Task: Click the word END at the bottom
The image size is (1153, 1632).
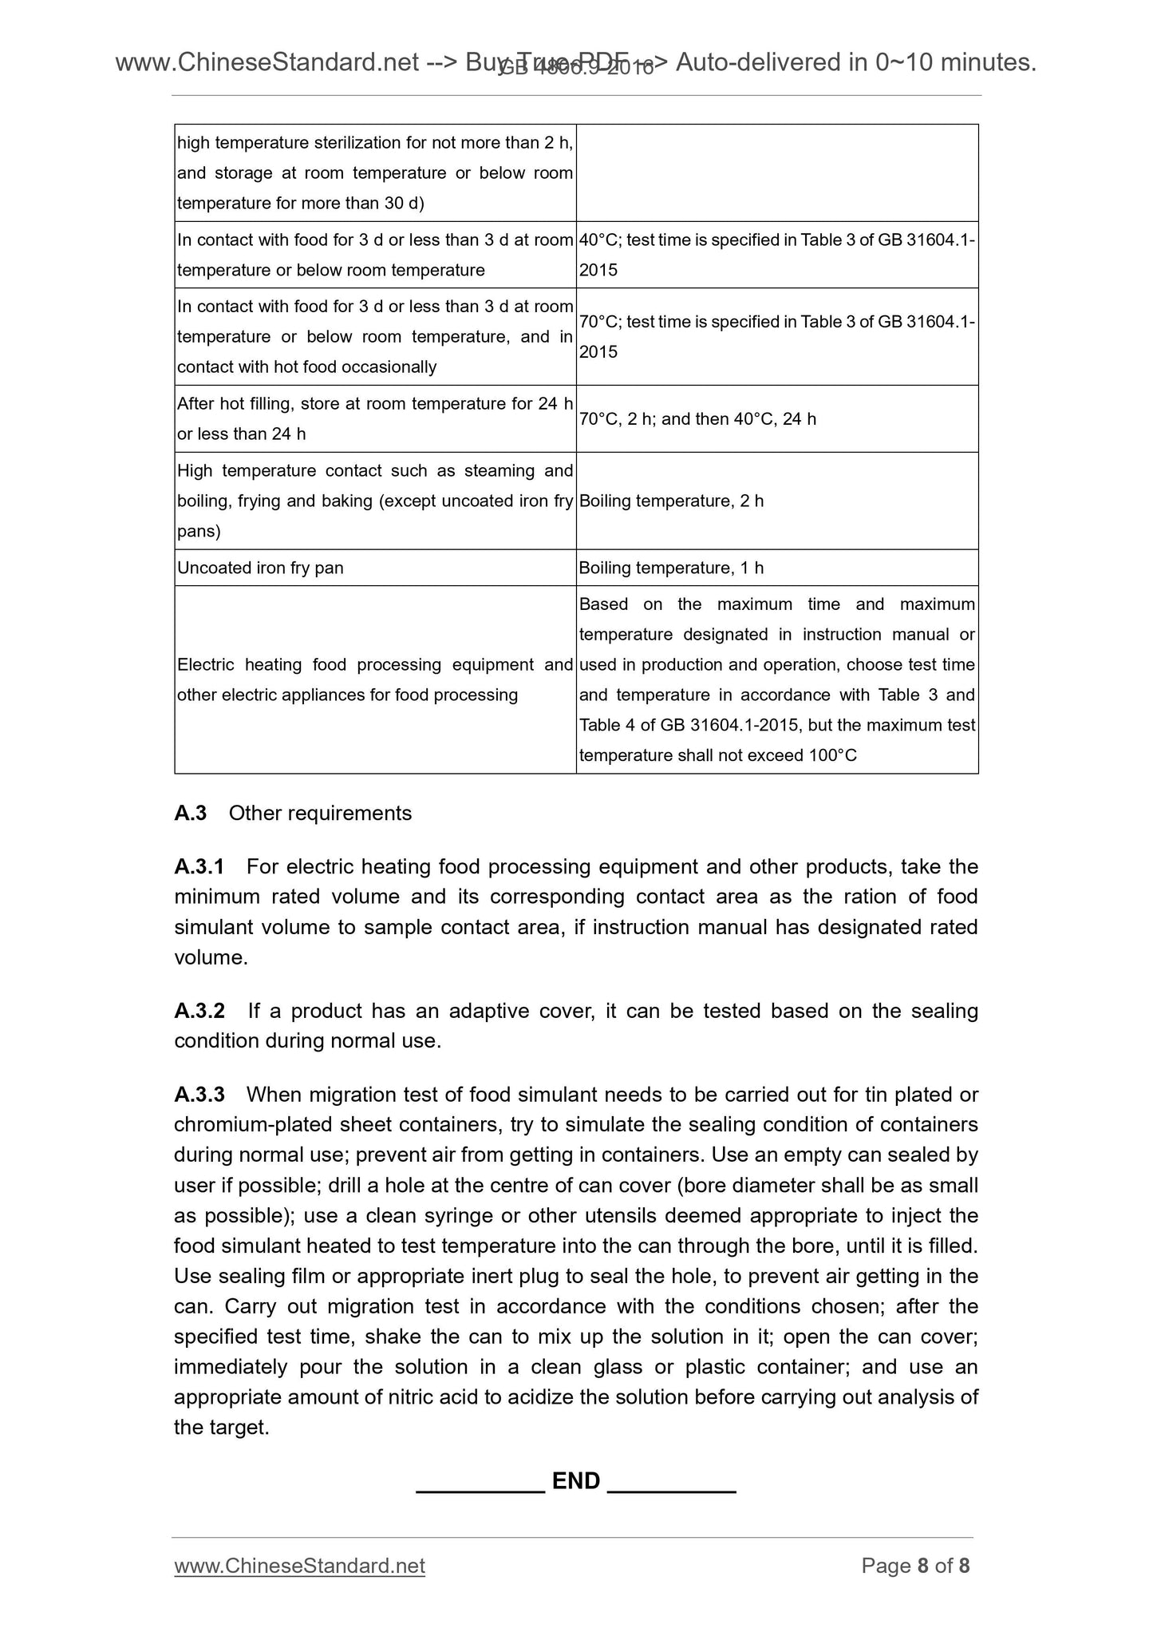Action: tap(575, 1481)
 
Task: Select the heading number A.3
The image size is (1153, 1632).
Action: tap(190, 813)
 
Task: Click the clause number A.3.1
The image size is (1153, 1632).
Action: tap(199, 866)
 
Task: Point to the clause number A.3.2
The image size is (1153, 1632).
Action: tap(199, 1011)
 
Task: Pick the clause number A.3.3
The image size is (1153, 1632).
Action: tap(199, 1095)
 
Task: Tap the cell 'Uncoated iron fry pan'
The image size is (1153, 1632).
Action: tap(260, 568)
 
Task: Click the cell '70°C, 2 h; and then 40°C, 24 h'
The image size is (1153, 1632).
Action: tap(697, 419)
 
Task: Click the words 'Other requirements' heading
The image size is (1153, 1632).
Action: tap(320, 813)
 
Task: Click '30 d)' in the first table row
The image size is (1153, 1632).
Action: tap(403, 203)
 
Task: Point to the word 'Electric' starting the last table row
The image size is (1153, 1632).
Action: tap(206, 665)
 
